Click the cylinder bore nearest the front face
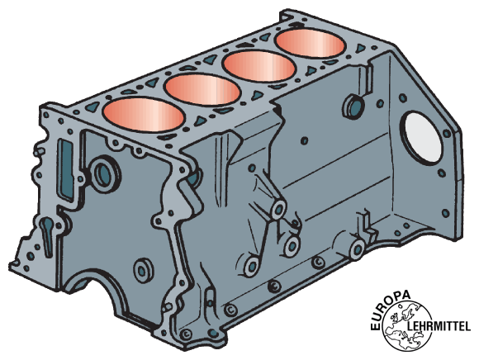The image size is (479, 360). [x=144, y=115]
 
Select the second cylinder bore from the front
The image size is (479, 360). [x=202, y=89]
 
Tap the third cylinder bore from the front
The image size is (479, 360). [x=259, y=65]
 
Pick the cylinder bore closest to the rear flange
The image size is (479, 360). [x=311, y=44]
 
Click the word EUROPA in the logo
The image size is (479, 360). [x=389, y=308]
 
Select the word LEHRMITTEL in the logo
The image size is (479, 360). [x=439, y=326]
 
